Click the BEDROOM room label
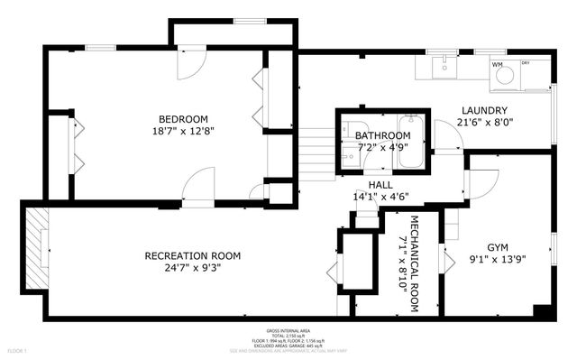click(184, 119)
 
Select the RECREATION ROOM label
click(193, 256)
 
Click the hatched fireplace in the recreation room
click(36, 247)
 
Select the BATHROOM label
click(370, 135)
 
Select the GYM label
click(498, 246)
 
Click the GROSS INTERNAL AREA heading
click(288, 329)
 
